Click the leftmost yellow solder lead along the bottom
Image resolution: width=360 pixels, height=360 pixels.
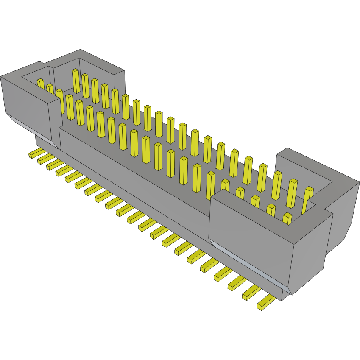coord(35,153)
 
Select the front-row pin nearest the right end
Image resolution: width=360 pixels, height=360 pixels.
coord(287,218)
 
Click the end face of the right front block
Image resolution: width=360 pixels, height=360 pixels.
coord(312,254)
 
